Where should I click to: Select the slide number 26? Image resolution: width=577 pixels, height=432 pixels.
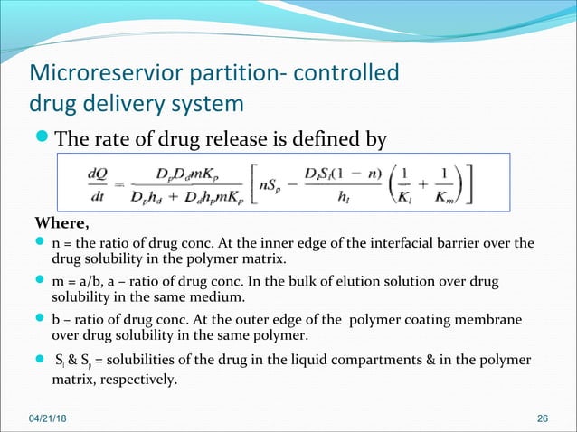pyautogui.click(x=543, y=417)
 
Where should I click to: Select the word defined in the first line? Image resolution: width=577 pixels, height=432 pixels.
pyautogui.click(x=317, y=140)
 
